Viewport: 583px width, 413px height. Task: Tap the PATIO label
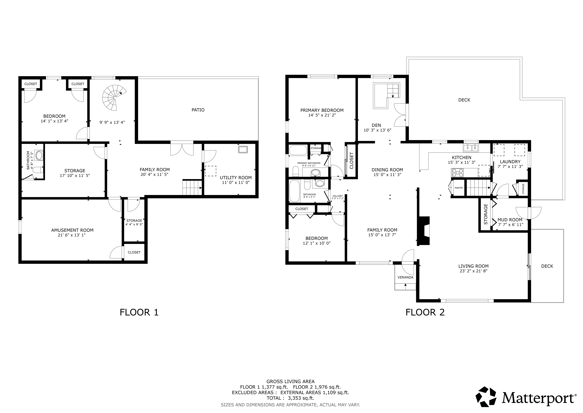point(198,110)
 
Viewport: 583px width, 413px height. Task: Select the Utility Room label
point(236,178)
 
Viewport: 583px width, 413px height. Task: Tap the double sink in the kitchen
point(471,148)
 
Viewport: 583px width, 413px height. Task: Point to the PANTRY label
point(459,188)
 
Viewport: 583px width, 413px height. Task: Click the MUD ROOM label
point(510,220)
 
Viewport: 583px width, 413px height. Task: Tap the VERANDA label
point(405,277)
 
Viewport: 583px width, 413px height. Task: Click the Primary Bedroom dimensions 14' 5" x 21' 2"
point(322,115)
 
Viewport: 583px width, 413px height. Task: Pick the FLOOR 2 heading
point(425,312)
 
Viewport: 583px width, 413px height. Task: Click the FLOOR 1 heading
point(139,312)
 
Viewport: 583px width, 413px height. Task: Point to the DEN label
point(376,125)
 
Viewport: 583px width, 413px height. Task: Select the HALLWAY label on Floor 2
point(337,196)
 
